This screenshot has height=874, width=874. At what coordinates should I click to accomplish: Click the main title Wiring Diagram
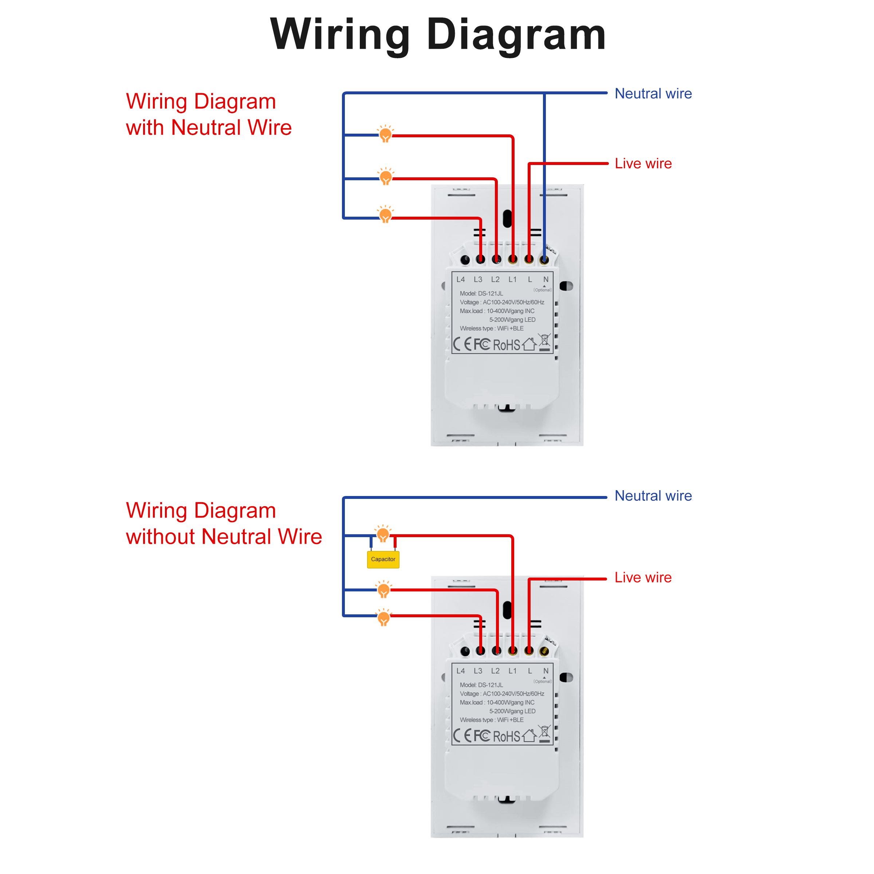click(437, 35)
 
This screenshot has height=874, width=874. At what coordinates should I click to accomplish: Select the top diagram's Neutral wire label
click(653, 94)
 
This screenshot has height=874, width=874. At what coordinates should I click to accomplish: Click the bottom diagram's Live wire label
click(642, 577)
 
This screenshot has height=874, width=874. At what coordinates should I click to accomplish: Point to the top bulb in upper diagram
click(385, 134)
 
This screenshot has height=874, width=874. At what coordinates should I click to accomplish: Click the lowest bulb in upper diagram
click(385, 215)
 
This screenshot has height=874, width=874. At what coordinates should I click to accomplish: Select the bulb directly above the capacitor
click(383, 534)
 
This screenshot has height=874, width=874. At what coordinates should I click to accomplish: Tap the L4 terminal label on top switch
click(461, 280)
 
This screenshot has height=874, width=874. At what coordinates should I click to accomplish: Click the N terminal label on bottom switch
click(546, 671)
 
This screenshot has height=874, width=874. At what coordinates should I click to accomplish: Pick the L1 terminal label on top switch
click(512, 280)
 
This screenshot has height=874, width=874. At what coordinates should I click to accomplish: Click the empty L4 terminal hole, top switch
click(465, 260)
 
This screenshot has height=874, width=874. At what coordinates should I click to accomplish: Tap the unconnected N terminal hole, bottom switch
click(544, 651)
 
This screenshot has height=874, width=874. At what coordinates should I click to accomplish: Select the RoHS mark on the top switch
click(506, 345)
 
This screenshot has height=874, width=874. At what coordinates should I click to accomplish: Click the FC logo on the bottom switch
click(482, 736)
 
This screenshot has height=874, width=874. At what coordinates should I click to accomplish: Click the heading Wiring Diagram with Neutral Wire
click(209, 114)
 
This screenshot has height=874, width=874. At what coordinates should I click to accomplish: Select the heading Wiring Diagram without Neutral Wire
click(224, 523)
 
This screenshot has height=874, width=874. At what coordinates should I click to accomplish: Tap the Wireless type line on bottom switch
click(491, 720)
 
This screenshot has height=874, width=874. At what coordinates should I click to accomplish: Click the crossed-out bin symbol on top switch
click(544, 342)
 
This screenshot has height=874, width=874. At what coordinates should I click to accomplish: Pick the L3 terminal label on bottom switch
click(478, 671)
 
